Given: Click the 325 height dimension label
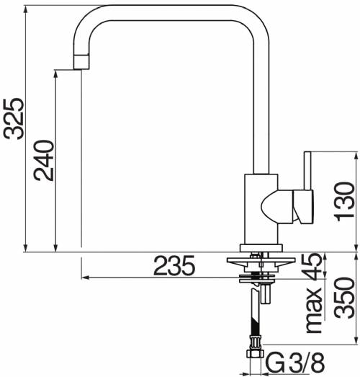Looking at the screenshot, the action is click(14, 118).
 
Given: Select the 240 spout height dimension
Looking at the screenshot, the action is click(44, 161).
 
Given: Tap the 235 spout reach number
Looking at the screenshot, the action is click(174, 265).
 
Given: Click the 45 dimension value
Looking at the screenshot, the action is click(312, 267).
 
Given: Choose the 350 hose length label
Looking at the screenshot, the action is click(345, 298).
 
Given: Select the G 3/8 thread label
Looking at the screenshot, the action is click(296, 363).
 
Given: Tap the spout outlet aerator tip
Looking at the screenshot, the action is click(81, 62).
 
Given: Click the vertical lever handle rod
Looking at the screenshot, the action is click(307, 170).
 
